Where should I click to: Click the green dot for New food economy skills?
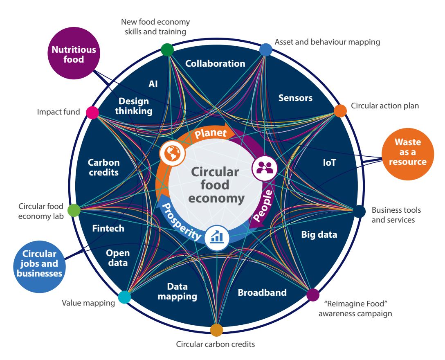coord(167,49)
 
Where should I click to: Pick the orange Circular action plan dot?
coord(340,110)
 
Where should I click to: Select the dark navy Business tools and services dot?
coord(359,211)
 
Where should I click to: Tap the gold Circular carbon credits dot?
coord(216,330)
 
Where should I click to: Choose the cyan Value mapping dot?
coord(124,297)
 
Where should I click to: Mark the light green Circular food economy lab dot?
coord(74,210)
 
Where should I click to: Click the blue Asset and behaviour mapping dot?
coord(266,49)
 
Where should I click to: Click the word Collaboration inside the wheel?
coord(215,63)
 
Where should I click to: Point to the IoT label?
coord(329,162)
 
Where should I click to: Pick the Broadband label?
coord(262,292)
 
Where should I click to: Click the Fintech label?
coord(108,228)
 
